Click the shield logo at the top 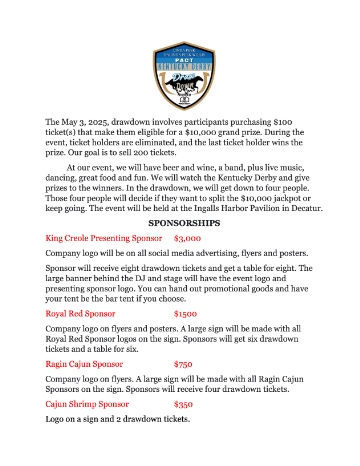click(180, 71)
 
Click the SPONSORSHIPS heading click(181, 224)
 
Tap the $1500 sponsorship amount click(186, 313)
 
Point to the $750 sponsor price click(184, 364)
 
